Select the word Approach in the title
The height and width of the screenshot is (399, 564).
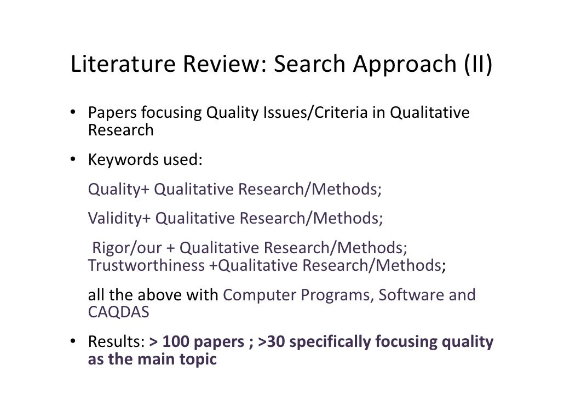tap(401, 65)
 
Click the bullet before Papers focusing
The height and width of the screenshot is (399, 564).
tap(72, 113)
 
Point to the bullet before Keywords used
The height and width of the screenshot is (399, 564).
tap(72, 160)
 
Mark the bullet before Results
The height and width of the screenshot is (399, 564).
tap(72, 343)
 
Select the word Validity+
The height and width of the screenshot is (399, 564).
tap(119, 219)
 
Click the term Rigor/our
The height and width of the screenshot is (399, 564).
tap(127, 248)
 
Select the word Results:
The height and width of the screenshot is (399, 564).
tap(116, 343)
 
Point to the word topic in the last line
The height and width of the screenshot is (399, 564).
tap(195, 360)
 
